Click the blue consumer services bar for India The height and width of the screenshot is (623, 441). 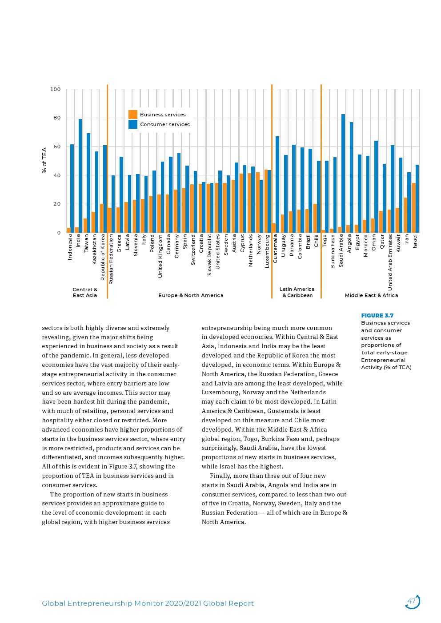pos(80,176)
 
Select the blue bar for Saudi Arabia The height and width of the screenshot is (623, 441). pos(343,173)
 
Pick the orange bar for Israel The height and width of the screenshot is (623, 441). pos(413,208)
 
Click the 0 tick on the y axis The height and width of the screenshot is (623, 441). pos(59,233)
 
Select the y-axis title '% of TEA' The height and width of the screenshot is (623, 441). pos(44,160)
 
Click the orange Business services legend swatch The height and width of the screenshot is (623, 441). pos(133,115)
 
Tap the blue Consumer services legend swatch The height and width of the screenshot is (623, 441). pos(133,124)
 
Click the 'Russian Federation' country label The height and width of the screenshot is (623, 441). pos(111,259)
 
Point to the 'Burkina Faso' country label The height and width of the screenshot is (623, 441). pos(333,251)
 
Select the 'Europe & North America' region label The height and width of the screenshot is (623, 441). pos(191,295)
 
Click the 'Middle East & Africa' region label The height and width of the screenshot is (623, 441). pos(371,295)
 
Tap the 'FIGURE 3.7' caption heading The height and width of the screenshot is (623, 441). pos(377,316)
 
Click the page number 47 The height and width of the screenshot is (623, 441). pos(412,602)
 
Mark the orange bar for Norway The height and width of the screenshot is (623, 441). pos(258,202)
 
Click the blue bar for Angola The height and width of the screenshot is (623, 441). pos(351,177)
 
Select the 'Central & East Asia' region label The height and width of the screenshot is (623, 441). pos(85,292)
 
